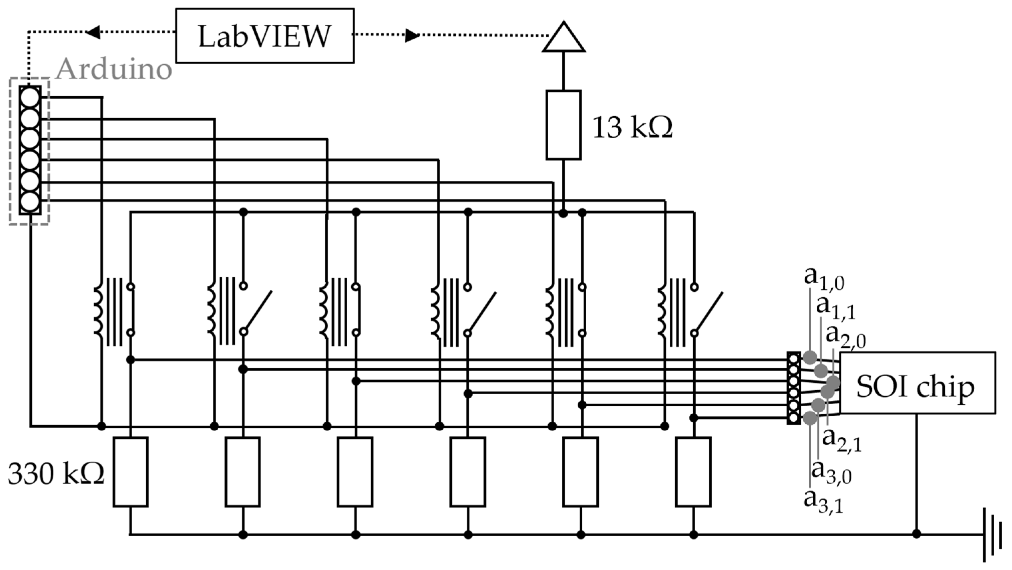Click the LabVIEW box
(264, 36)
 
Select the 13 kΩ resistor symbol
(563, 125)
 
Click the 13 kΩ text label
(632, 128)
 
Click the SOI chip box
(917, 383)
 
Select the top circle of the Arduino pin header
(30, 97)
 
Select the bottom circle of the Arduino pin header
(30, 202)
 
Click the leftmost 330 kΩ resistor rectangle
(131, 472)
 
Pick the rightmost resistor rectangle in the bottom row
(693, 472)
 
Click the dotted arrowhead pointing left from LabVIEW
(93, 32)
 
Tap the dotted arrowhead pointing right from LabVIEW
(412, 35)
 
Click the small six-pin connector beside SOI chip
(793, 388)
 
